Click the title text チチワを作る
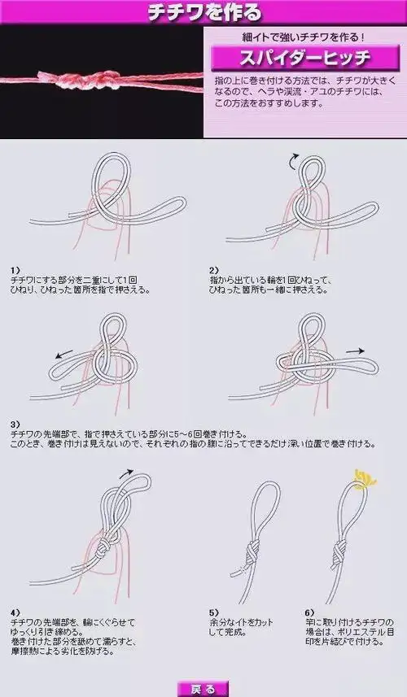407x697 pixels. pyautogui.click(x=203, y=13)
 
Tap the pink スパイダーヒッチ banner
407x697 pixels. pyautogui.click(x=291, y=59)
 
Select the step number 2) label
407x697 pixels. pyautogui.click(x=214, y=270)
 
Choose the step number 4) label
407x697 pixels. pyautogui.click(x=15, y=611)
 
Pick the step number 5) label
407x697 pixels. pyautogui.click(x=214, y=611)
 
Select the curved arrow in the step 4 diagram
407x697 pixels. pyautogui.click(x=125, y=473)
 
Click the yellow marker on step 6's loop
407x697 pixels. pyautogui.click(x=365, y=480)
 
